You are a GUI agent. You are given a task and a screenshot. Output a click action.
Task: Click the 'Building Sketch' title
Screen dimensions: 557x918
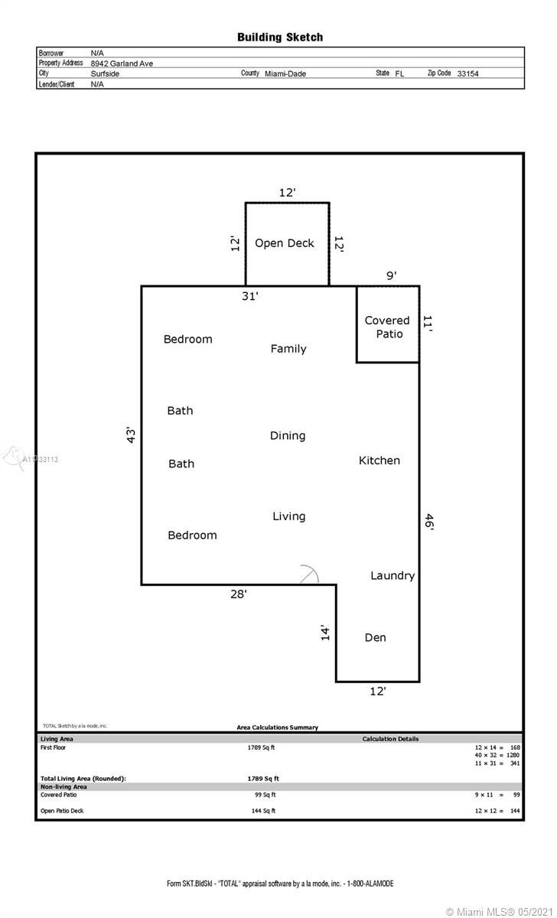click(x=280, y=37)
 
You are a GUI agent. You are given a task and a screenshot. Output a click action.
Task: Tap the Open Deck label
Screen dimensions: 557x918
click(x=285, y=243)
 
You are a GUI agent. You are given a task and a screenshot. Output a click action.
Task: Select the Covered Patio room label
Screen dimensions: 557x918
click(x=387, y=327)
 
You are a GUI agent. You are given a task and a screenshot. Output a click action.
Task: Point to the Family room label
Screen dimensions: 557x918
click(x=288, y=349)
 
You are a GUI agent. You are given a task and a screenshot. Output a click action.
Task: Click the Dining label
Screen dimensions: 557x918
click(x=288, y=435)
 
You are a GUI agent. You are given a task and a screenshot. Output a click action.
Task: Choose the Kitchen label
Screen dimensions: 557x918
click(x=379, y=461)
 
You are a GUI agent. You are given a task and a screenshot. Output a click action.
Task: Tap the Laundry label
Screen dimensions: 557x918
click(x=393, y=576)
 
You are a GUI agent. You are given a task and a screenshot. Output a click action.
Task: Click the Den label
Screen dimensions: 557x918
click(x=376, y=637)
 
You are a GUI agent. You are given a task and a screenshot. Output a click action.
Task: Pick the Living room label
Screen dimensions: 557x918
click(x=289, y=516)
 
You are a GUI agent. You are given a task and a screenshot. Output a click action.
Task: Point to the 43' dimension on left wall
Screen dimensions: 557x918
click(x=131, y=435)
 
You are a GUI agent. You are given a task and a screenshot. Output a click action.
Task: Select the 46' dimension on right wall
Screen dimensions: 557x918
click(x=428, y=522)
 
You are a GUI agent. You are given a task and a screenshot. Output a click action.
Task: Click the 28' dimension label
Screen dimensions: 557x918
click(x=239, y=594)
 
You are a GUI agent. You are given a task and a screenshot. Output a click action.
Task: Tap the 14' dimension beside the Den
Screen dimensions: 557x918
click(x=325, y=633)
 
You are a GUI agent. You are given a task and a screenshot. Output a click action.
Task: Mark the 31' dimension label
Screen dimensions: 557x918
click(x=250, y=296)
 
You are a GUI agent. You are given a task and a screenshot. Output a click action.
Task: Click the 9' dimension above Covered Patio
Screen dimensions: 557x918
click(x=392, y=275)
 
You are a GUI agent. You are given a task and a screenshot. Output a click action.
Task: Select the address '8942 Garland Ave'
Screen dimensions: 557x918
click(x=122, y=63)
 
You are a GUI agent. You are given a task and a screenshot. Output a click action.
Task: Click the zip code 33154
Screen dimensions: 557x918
click(x=467, y=73)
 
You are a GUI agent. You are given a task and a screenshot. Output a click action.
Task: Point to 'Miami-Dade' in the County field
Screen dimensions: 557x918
click(x=285, y=73)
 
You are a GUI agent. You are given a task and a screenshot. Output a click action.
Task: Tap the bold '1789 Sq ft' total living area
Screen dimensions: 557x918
click(x=263, y=778)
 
